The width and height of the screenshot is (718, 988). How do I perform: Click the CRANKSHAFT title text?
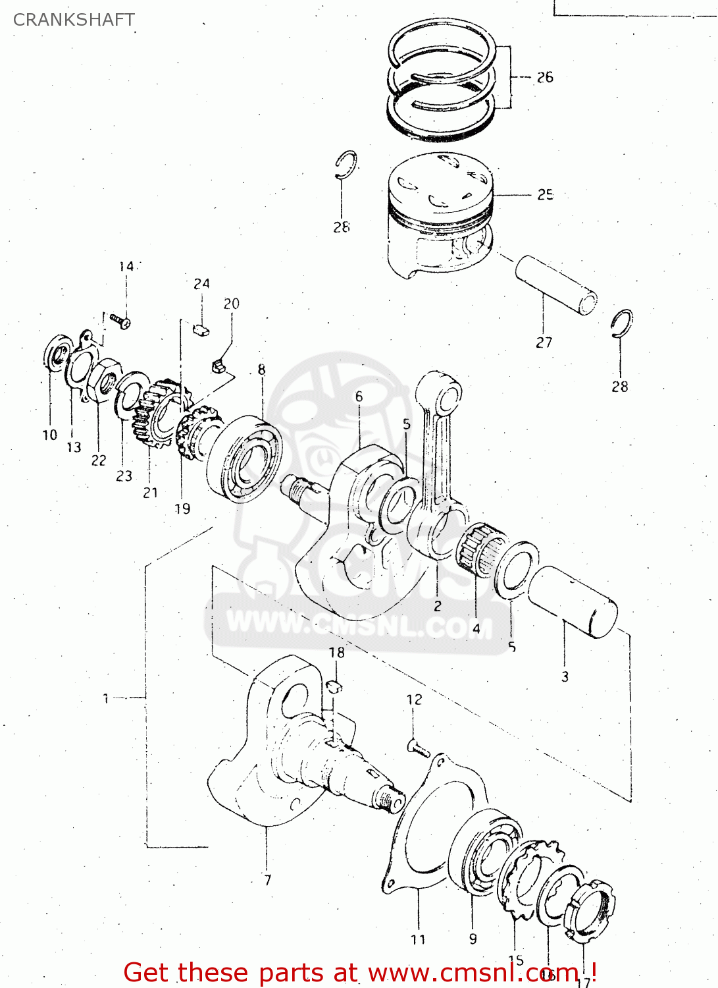point(74,20)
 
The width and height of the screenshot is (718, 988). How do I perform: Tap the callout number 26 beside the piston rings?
point(545,78)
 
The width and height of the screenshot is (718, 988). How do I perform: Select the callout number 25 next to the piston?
point(545,195)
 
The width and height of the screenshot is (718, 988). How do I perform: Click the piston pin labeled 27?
point(556,285)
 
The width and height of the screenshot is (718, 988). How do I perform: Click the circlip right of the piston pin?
point(621,323)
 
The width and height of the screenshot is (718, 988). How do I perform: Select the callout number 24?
point(201,284)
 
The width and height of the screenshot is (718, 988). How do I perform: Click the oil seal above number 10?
point(59,353)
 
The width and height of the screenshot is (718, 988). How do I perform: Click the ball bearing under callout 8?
point(244,458)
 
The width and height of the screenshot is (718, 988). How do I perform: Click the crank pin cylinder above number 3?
point(573,601)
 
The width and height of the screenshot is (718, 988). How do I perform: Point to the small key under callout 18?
point(335,686)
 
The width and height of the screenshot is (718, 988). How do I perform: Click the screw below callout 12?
point(419,748)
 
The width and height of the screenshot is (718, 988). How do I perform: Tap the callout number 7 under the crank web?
point(267,880)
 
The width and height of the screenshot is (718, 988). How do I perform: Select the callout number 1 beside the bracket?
point(106,698)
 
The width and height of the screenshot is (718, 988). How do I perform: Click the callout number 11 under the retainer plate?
point(418,939)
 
